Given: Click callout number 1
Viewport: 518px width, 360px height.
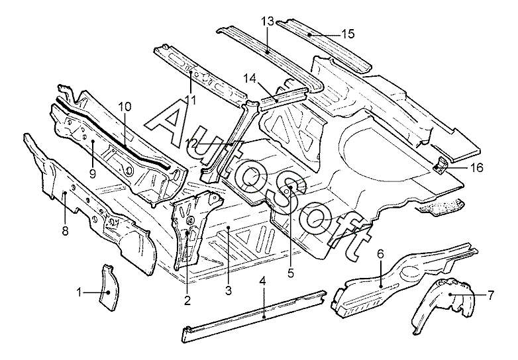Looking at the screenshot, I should (x=79, y=292).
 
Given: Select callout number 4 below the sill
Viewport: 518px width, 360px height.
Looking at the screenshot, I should (x=263, y=281).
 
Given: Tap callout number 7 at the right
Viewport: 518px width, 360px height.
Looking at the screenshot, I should (x=490, y=294).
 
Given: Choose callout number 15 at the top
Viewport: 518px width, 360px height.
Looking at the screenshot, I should (x=348, y=33).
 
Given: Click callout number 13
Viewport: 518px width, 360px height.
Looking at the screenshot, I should (x=267, y=22).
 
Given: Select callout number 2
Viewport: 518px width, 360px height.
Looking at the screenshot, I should (x=187, y=301).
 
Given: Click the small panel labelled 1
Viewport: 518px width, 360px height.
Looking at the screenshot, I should (x=107, y=287).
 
